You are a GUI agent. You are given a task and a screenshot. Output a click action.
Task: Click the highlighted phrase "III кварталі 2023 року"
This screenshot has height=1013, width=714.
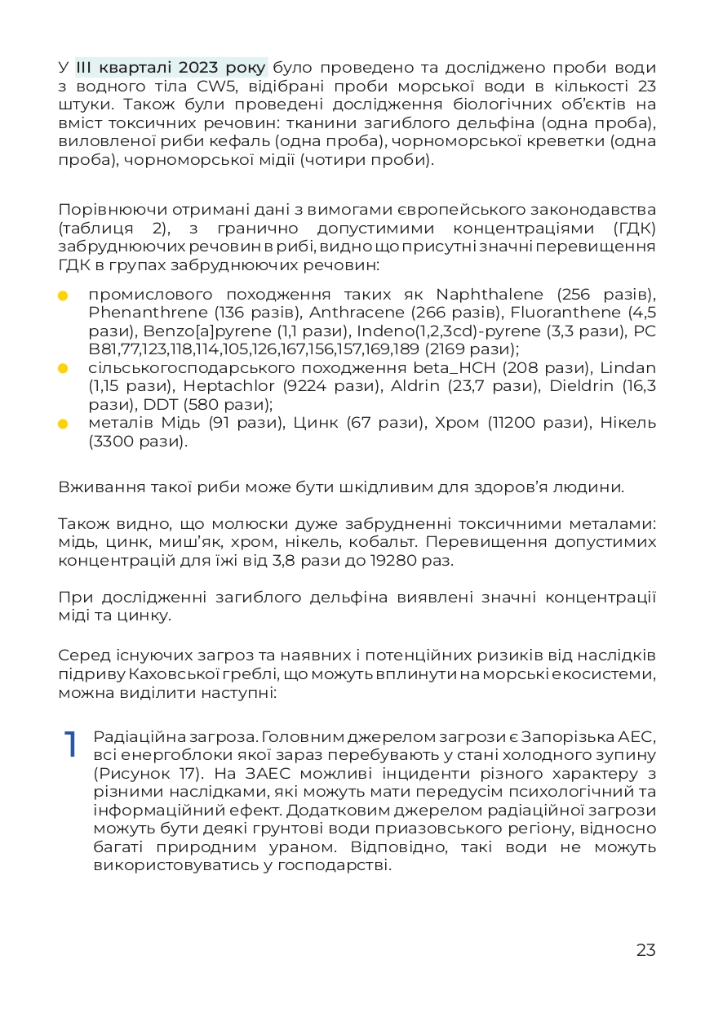pos(171,67)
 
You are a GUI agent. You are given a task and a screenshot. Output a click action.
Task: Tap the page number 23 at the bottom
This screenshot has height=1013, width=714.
pos(645,950)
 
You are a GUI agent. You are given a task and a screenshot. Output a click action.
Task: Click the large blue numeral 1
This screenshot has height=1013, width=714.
pos(71,743)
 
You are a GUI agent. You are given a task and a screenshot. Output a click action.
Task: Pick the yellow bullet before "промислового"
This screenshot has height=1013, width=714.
pos(63,295)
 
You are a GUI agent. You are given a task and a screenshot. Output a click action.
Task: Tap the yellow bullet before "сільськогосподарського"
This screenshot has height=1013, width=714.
pos(63,368)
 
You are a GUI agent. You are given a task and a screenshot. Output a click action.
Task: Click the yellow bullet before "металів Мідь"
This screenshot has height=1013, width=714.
pos(63,424)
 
